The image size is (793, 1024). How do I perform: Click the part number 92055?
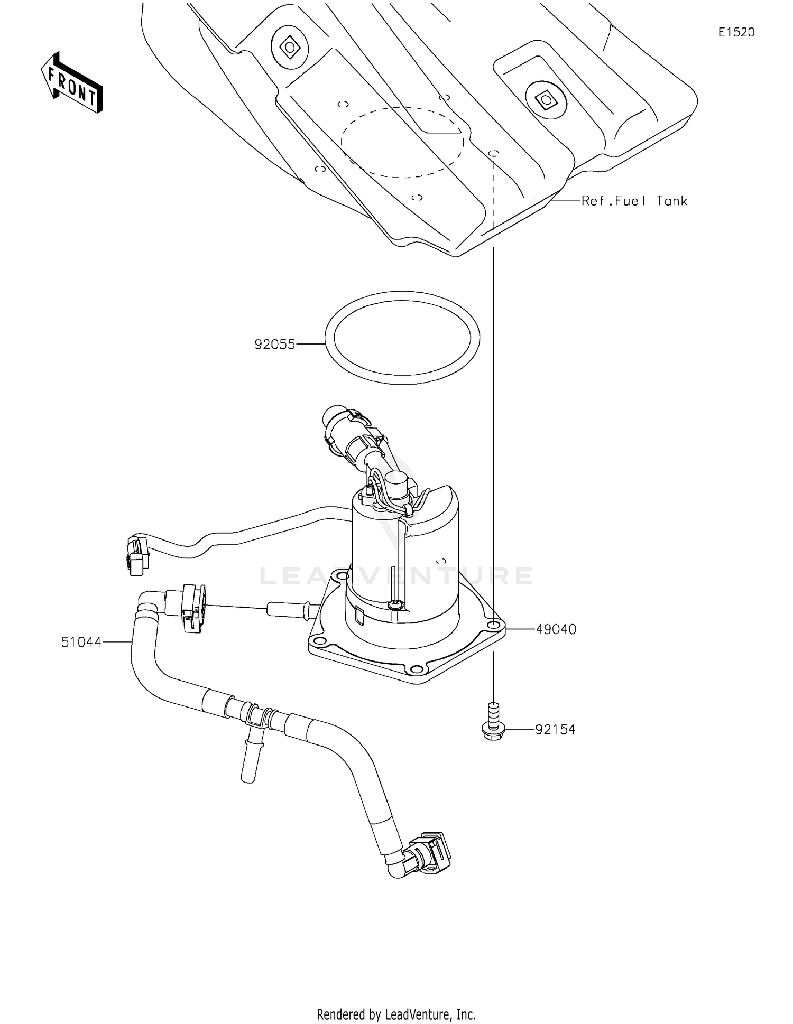[274, 345]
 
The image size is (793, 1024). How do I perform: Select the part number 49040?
[556, 629]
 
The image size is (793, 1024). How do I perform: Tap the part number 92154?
[555, 730]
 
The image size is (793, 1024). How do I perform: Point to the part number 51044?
[81, 642]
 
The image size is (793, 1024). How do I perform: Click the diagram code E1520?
[736, 32]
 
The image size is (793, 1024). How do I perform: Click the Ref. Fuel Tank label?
[634, 201]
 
